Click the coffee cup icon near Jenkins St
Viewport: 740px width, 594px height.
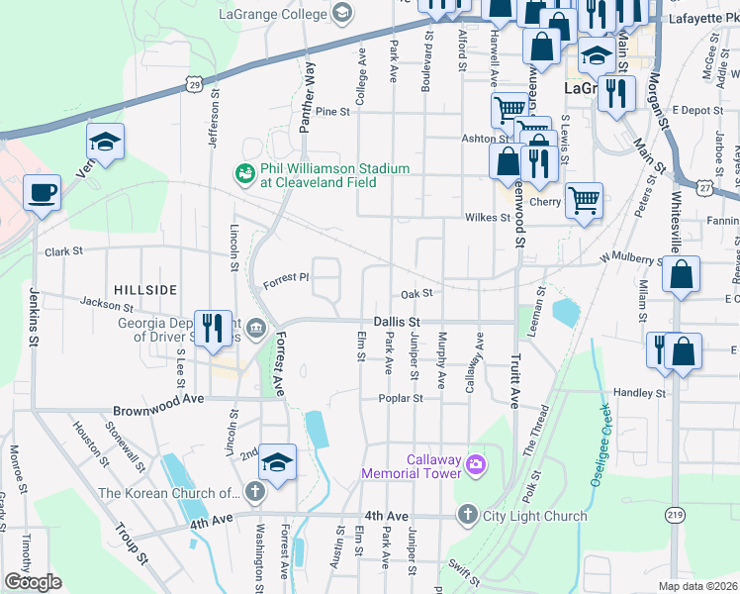42,193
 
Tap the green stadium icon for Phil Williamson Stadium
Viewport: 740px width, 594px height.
244,174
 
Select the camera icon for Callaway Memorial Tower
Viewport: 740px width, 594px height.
476,463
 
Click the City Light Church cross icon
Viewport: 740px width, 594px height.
467,515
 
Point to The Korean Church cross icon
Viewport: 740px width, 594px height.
254,492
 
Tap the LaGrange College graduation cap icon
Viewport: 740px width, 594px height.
342,13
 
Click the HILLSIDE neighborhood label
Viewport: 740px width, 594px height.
145,289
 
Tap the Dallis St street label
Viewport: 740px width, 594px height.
398,322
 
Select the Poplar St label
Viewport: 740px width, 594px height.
401,398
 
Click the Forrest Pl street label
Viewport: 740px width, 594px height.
286,282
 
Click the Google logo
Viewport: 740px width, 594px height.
33,582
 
